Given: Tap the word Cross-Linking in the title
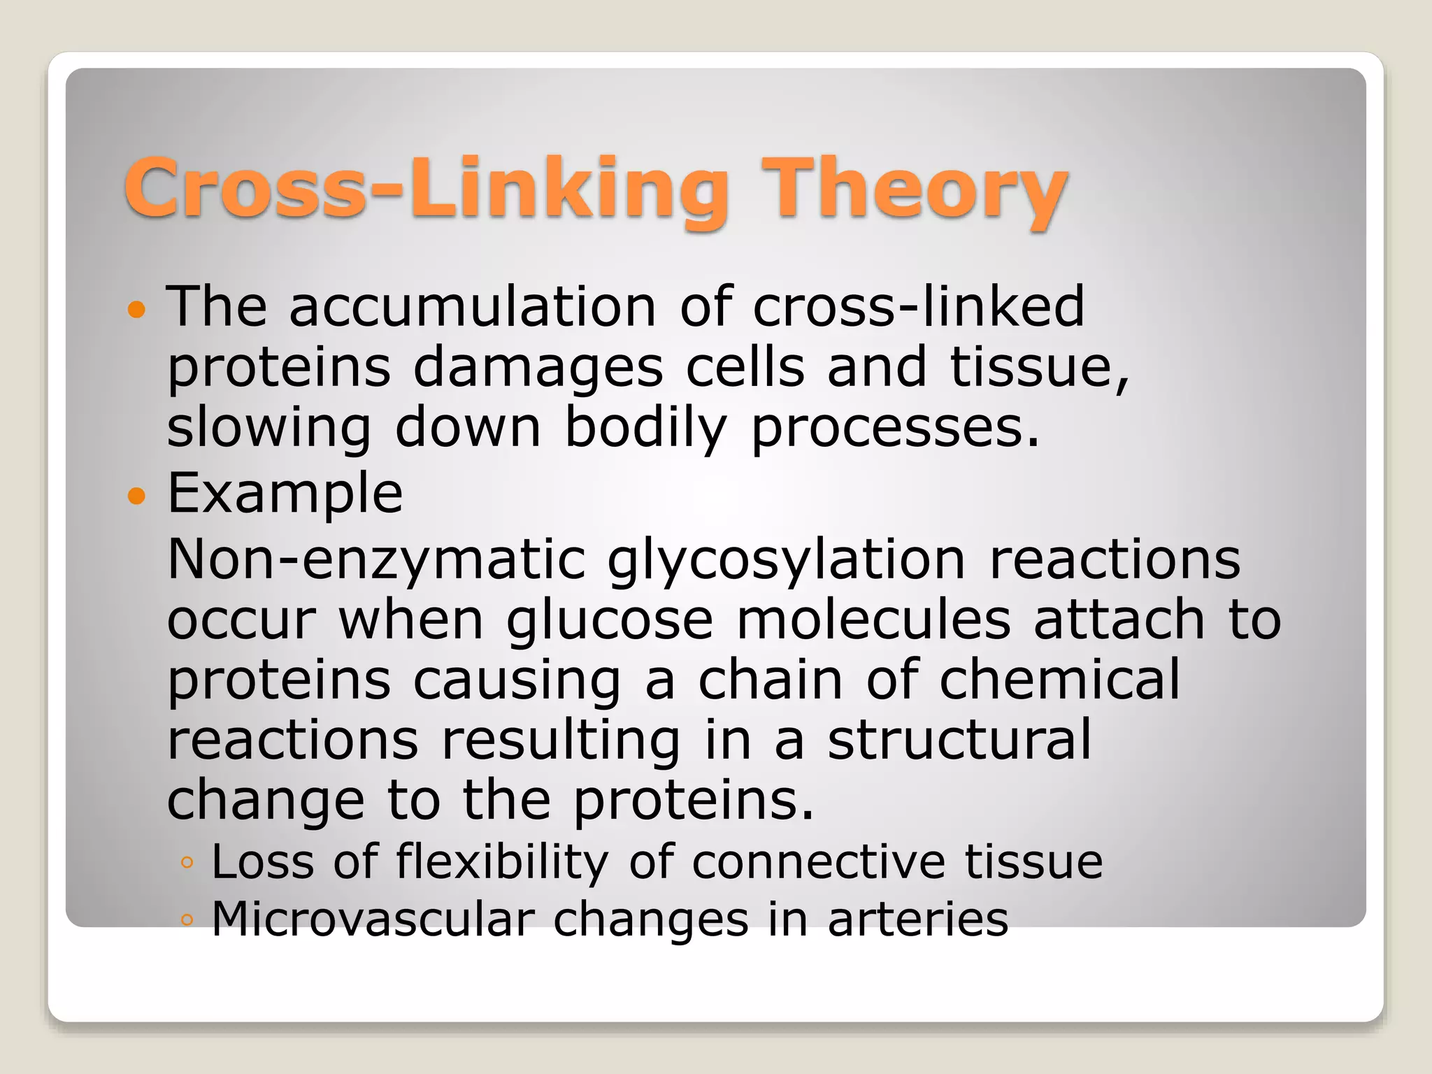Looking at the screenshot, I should tap(427, 189).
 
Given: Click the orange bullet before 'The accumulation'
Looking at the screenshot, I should tap(137, 309).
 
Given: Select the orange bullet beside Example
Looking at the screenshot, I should tap(137, 496).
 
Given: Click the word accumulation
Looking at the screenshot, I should tap(473, 308).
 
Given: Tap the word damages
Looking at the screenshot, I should tap(538, 368).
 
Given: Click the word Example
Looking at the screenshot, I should tap(285, 494).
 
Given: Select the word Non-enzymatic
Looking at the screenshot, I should tap(376, 561).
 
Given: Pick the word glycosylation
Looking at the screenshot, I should tap(787, 561).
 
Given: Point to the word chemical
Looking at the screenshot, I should tap(1059, 680).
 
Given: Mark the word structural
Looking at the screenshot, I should tap(959, 740).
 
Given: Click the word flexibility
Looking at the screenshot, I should tap(502, 861).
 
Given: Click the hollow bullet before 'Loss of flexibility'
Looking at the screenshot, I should tap(186, 862).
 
